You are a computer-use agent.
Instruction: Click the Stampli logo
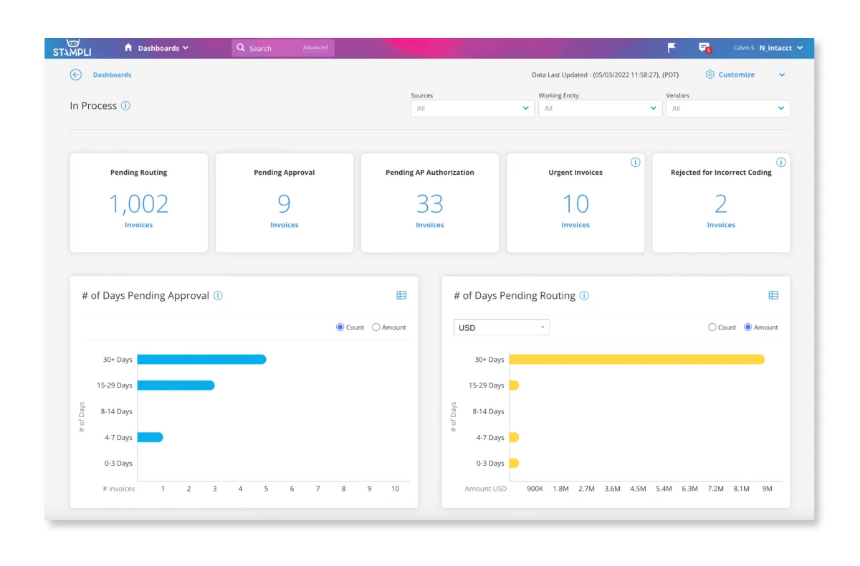pyautogui.click(x=72, y=48)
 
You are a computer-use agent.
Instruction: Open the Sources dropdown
pyautogui.click(x=472, y=108)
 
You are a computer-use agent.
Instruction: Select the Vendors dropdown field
pyautogui.click(x=727, y=108)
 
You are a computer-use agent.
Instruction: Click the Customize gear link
pyautogui.click(x=730, y=75)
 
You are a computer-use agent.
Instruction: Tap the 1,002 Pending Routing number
pyautogui.click(x=138, y=204)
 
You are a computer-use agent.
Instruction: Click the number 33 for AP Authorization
pyautogui.click(x=430, y=204)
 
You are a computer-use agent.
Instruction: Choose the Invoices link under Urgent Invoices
pyautogui.click(x=575, y=225)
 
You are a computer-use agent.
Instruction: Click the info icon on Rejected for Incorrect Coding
pyautogui.click(x=781, y=163)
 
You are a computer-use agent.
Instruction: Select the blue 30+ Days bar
pyautogui.click(x=201, y=360)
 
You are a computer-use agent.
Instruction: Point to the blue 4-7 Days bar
pyautogui.click(x=150, y=437)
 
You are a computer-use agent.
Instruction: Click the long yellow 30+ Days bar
pyautogui.click(x=636, y=360)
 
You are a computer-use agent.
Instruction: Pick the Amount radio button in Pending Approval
pyautogui.click(x=376, y=327)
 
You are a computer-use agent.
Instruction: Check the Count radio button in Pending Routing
pyautogui.click(x=712, y=327)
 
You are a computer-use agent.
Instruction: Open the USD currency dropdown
pyautogui.click(x=502, y=327)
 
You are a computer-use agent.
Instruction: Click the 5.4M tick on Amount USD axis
pyautogui.click(x=664, y=489)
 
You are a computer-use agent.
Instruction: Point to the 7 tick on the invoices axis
pyautogui.click(x=317, y=489)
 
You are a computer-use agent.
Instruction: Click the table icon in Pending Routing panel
pyautogui.click(x=773, y=295)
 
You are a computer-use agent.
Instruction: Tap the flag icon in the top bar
pyautogui.click(x=672, y=48)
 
